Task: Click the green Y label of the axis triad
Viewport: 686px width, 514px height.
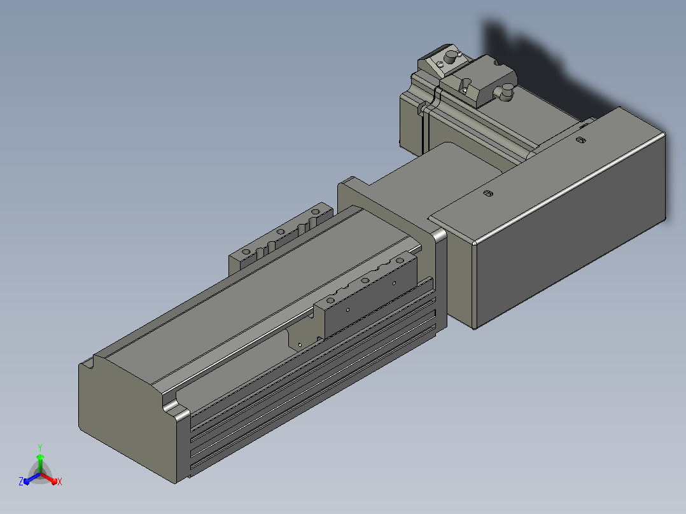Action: [x=40, y=447]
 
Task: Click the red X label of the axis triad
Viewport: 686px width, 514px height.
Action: [x=60, y=482]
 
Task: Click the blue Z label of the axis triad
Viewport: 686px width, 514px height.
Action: [x=21, y=481]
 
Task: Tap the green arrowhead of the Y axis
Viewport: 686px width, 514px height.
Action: [x=40, y=457]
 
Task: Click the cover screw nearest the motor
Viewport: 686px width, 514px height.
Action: [x=580, y=140]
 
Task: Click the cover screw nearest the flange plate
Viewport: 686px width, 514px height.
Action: [x=488, y=193]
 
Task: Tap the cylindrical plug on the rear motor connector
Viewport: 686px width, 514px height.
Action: [x=449, y=57]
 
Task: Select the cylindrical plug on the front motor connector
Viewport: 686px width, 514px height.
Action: [x=506, y=93]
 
